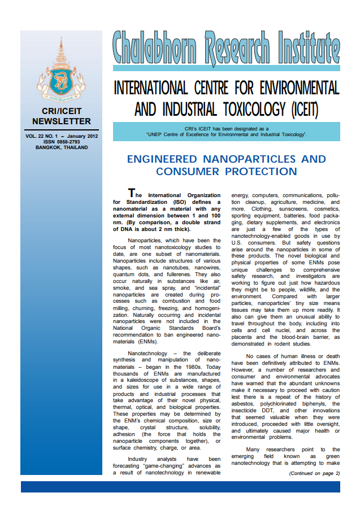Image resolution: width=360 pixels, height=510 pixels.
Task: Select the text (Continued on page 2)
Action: (314, 473)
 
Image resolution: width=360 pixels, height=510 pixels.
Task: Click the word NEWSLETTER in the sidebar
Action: (61, 121)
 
